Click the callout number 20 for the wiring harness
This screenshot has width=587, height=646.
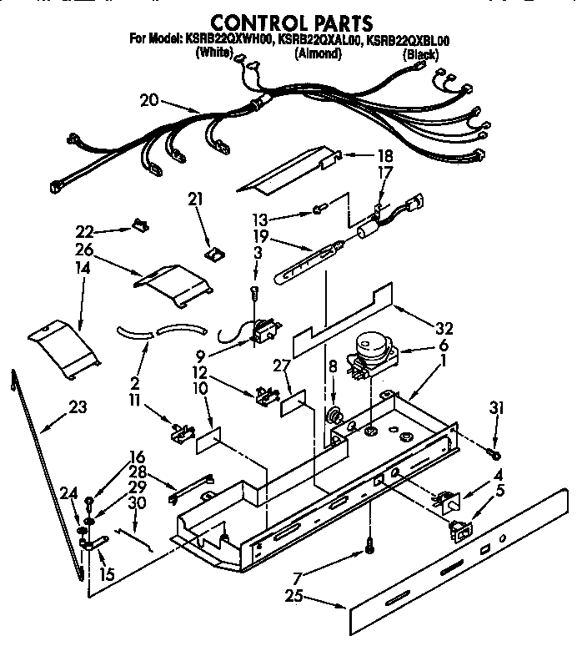click(x=149, y=101)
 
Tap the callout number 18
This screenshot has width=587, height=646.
click(x=361, y=155)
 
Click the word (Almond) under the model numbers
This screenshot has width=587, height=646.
click(x=319, y=53)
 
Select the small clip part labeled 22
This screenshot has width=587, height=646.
click(x=139, y=225)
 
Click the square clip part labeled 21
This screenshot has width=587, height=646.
click(x=213, y=250)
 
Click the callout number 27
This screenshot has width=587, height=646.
click(x=280, y=364)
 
